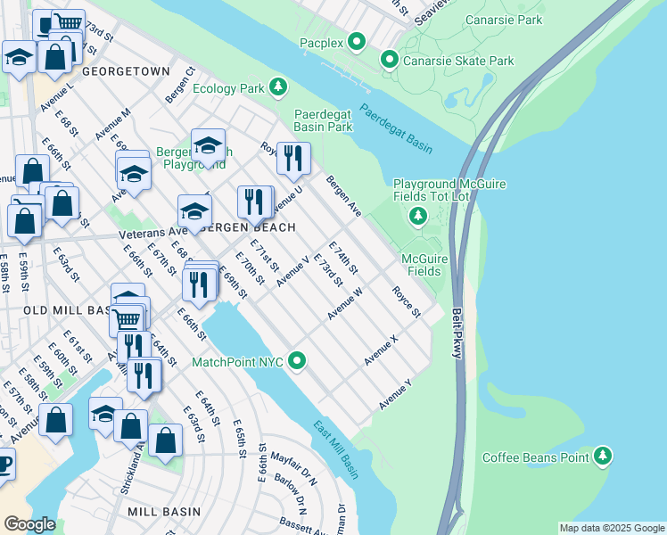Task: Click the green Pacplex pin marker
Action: (357, 41)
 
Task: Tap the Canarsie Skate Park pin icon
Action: (390, 61)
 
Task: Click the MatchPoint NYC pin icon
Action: (298, 362)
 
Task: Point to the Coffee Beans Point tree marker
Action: (604, 457)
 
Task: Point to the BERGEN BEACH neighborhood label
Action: (246, 227)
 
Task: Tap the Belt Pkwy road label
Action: (457, 334)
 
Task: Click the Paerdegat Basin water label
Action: (396, 127)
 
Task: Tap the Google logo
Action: (29, 523)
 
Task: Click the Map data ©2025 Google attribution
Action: (611, 528)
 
